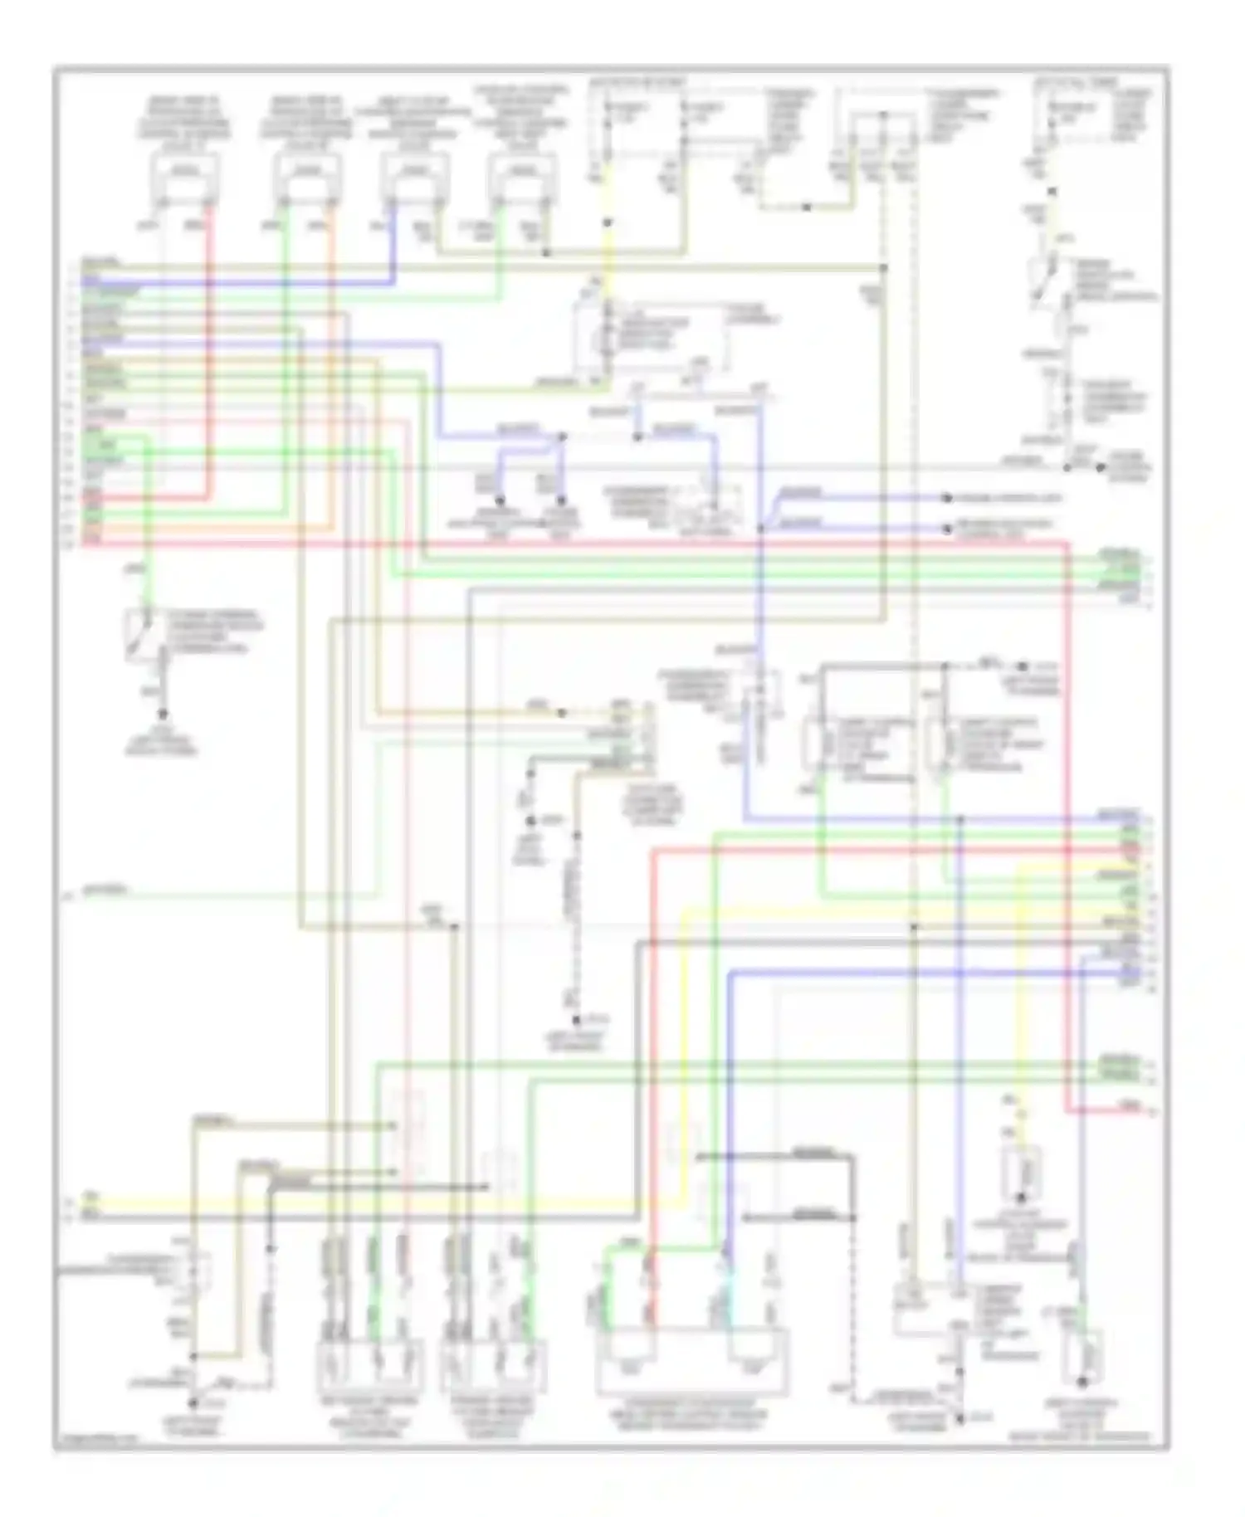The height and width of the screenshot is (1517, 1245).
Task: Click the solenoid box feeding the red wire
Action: [x=186, y=173]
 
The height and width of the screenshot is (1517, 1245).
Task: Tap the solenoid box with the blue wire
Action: [x=414, y=173]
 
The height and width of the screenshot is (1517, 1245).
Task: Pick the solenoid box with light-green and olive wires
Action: [x=521, y=173]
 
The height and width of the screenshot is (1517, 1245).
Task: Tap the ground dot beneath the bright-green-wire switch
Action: [x=163, y=715]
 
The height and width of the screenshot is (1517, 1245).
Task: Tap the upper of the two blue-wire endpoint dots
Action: [x=946, y=498]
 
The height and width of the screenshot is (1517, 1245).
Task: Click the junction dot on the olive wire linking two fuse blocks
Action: [x=806, y=207]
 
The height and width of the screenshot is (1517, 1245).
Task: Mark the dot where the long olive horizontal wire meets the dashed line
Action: [x=883, y=267]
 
